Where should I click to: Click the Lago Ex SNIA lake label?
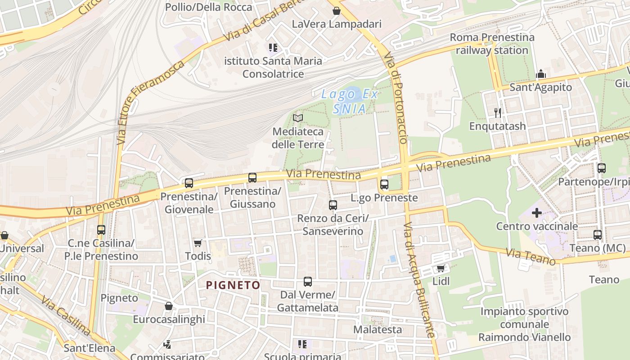pos(350,101)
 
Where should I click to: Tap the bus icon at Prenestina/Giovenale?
pos(189,183)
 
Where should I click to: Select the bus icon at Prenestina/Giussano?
pos(252,178)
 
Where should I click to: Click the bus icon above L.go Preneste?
pos(384,184)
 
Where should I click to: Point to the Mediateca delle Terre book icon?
pos(298,118)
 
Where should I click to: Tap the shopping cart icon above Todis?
pos(198,243)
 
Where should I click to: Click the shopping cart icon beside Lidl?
pos(441,268)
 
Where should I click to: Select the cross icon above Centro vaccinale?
pos(537,212)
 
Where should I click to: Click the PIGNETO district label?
pos(233,285)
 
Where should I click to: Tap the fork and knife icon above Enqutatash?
pos(497,112)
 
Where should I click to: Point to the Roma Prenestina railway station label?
pos(492,44)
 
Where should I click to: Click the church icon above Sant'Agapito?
pos(540,74)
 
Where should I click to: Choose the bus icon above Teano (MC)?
pos(598,234)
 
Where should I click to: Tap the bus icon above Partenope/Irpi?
pos(602,168)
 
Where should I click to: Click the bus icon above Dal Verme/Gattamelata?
pos(308,282)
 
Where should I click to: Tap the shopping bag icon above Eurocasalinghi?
pos(169,306)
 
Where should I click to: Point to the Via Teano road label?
pos(531,257)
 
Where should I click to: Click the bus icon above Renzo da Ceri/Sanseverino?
pos(333,205)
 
